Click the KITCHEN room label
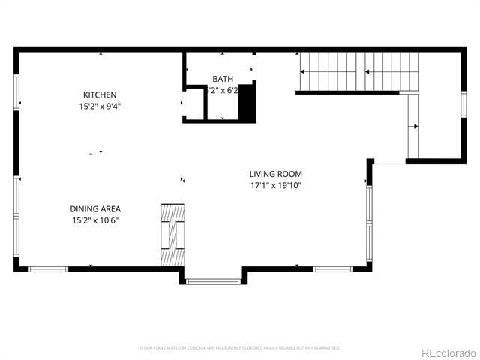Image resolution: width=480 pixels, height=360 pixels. click(100, 94)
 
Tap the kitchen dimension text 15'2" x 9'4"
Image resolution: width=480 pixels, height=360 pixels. click(100, 106)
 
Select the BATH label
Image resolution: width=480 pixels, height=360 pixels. click(223, 79)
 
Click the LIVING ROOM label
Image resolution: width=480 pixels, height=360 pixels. click(275, 174)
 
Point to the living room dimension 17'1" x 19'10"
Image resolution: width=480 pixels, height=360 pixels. click(275, 185)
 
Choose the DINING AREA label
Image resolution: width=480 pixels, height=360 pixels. click(95, 209)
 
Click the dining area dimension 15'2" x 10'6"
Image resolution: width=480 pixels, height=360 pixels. click(95, 220)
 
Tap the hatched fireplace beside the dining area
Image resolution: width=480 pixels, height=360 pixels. click(172, 233)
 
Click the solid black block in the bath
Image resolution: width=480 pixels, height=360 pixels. click(247, 103)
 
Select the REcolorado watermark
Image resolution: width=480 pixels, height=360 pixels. click(448, 352)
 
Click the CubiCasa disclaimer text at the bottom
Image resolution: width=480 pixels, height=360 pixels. click(240, 348)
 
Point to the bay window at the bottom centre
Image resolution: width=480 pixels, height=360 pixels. click(214, 281)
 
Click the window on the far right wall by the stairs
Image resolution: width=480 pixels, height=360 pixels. click(463, 104)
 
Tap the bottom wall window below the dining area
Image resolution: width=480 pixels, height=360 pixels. click(48, 268)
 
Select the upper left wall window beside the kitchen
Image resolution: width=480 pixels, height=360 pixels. click(16, 92)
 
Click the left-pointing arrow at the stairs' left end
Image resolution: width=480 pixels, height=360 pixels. click(304, 72)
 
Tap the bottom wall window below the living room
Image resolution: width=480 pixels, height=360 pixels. click(333, 268)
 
